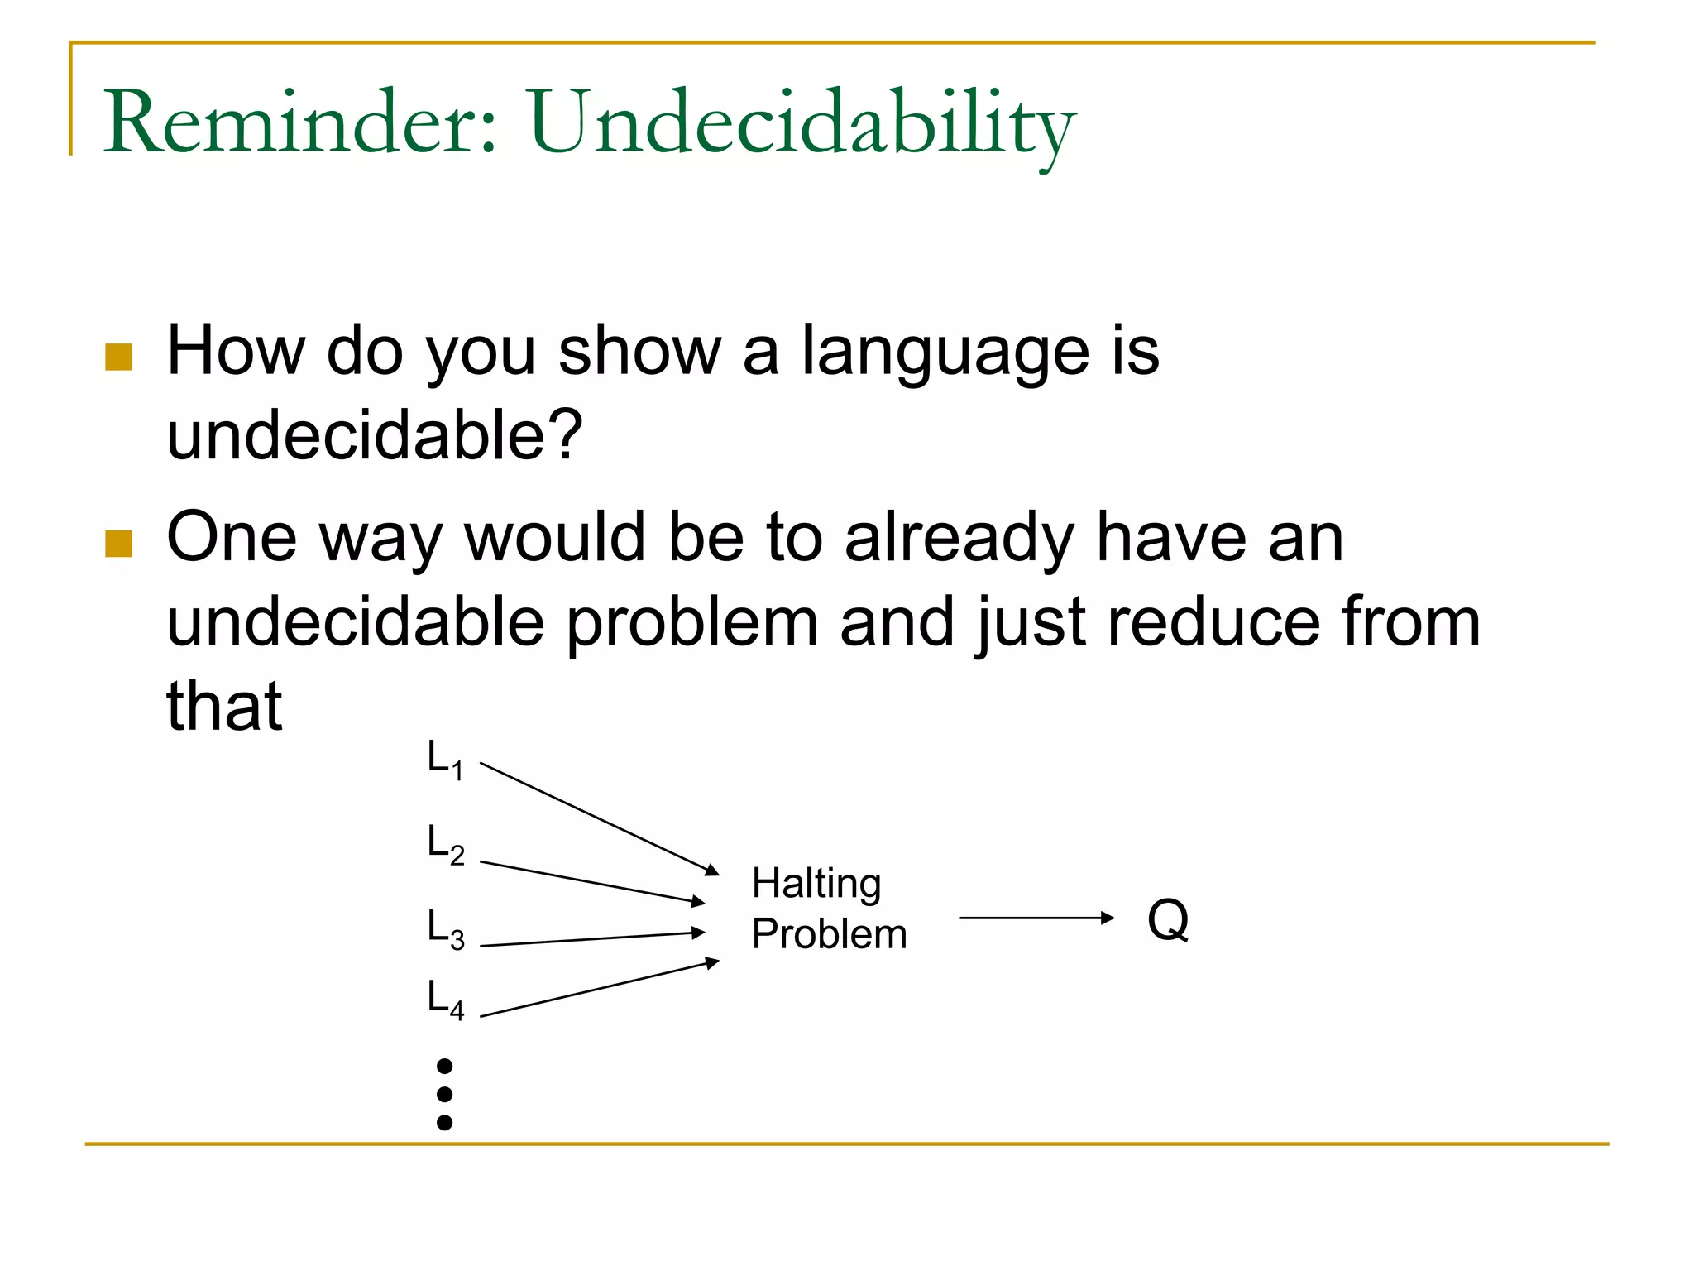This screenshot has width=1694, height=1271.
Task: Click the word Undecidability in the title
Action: (801, 124)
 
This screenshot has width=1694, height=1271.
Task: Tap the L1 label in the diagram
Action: (445, 760)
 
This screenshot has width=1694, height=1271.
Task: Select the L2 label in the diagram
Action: (445, 845)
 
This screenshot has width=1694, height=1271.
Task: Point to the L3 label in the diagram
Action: (445, 928)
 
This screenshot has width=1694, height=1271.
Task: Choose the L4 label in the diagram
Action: (445, 999)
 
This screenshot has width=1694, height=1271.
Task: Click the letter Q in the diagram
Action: (1168, 920)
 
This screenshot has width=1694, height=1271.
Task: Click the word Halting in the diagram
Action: (816, 884)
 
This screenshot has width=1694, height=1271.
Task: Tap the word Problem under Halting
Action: (829, 934)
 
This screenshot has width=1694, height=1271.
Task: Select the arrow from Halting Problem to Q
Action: (1036, 918)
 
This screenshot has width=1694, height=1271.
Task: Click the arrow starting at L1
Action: (599, 818)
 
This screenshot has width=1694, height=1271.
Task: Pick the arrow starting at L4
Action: (599, 989)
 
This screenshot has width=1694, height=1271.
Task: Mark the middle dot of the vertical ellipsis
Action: (444, 1094)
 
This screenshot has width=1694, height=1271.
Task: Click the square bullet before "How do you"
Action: (119, 357)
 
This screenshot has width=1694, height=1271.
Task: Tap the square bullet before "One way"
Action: (119, 544)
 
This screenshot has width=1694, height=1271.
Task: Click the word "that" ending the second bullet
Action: (224, 707)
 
